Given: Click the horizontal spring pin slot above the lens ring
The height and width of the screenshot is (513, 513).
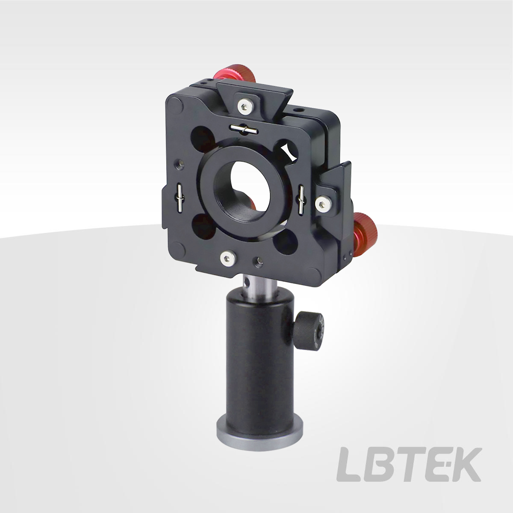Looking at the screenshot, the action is click(x=244, y=129).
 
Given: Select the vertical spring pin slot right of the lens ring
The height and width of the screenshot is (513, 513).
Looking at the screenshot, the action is click(x=301, y=200).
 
